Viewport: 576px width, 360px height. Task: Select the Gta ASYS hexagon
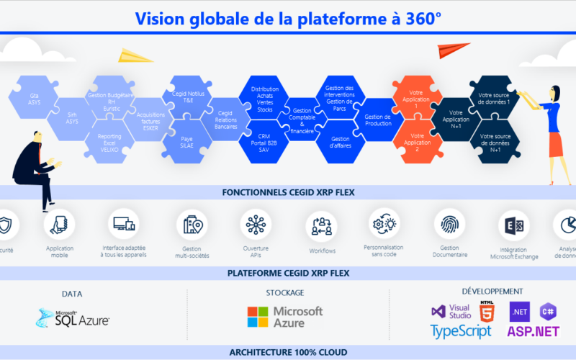click(x=34, y=98)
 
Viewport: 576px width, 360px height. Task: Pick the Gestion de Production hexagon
click(x=378, y=119)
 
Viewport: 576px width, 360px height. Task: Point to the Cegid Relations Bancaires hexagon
click(x=226, y=119)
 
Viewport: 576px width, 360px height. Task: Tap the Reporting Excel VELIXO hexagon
click(x=108, y=140)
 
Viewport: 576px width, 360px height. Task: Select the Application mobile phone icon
click(x=59, y=225)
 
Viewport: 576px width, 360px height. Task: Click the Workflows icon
click(x=321, y=226)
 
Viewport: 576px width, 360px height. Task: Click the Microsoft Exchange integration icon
click(x=513, y=226)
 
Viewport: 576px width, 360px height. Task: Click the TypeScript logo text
click(x=461, y=331)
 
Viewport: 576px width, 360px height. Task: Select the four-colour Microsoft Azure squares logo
click(x=258, y=317)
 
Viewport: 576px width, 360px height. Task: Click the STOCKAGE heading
click(x=284, y=293)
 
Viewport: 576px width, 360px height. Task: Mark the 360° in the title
click(x=418, y=18)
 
